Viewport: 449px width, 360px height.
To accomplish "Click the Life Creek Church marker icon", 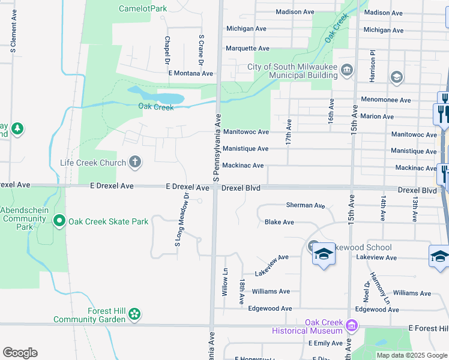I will point(135,162).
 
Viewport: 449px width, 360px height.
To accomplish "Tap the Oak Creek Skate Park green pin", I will point(59,221).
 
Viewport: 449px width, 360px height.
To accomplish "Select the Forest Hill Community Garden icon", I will point(134,313).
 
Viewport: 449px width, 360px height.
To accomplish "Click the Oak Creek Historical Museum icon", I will point(352,326).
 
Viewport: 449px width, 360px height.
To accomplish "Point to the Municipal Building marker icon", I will point(347,71).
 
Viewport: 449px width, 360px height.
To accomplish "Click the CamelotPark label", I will point(143,8).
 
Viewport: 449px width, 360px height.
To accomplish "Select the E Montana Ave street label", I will point(191,73).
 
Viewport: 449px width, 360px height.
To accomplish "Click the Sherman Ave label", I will point(306,205).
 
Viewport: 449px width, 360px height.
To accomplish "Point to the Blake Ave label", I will point(279,222).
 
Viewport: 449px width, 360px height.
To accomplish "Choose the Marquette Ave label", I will point(247,48).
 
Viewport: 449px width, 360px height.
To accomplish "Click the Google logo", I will point(20,353).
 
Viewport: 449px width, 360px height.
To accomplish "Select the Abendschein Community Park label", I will point(25,219).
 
